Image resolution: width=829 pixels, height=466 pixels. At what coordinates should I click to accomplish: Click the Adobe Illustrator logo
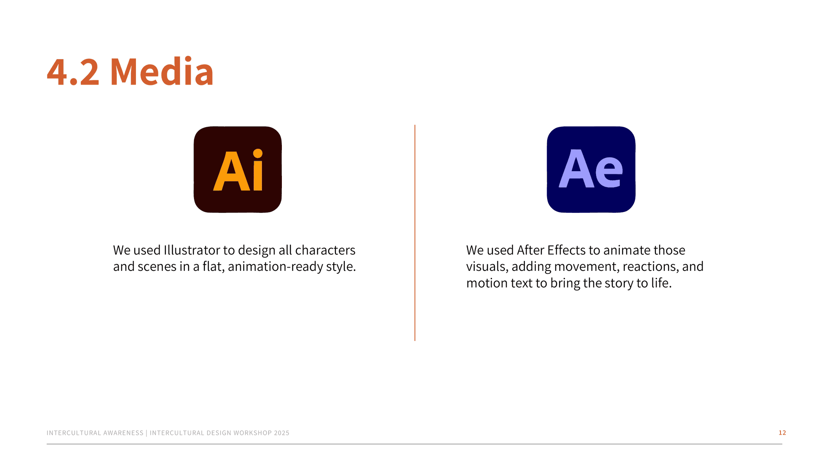click(238, 169)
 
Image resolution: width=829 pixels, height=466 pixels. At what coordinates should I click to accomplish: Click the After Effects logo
click(591, 169)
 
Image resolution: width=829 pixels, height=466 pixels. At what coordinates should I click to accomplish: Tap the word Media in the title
click(162, 72)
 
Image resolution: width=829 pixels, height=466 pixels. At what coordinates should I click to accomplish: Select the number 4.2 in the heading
click(73, 72)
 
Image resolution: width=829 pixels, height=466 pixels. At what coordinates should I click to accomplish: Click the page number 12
click(782, 432)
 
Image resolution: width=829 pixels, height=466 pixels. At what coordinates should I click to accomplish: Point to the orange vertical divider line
click(414, 233)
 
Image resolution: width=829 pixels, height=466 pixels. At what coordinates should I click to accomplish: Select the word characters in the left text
click(325, 250)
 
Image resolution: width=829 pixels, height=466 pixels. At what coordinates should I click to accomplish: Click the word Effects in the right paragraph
click(567, 250)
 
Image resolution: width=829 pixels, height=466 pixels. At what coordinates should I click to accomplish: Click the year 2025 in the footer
click(281, 433)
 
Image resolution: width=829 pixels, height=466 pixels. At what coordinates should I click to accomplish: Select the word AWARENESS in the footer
click(124, 433)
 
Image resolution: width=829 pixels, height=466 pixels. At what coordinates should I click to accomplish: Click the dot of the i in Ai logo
click(258, 153)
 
